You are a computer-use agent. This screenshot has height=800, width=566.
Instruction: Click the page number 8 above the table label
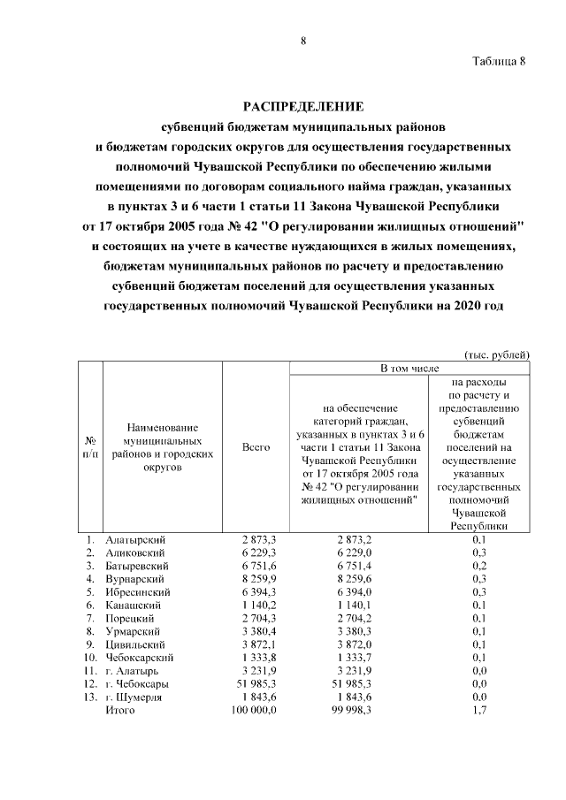point(303,42)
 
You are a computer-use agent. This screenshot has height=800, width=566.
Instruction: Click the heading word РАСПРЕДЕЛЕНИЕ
point(303,107)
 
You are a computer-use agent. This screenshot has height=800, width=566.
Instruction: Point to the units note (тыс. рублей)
point(497,354)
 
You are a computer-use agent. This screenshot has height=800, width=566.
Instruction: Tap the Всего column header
point(256,448)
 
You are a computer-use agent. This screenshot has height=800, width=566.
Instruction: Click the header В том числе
point(410,367)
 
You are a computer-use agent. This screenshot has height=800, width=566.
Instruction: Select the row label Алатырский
point(135,538)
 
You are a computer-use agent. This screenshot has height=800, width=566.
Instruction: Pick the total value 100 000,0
point(254,710)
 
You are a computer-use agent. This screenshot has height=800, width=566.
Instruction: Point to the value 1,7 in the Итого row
point(480,710)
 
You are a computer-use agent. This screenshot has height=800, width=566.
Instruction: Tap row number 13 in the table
point(90,697)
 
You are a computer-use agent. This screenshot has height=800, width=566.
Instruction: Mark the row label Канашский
point(133,605)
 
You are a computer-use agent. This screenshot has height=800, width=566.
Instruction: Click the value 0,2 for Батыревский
point(480,565)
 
